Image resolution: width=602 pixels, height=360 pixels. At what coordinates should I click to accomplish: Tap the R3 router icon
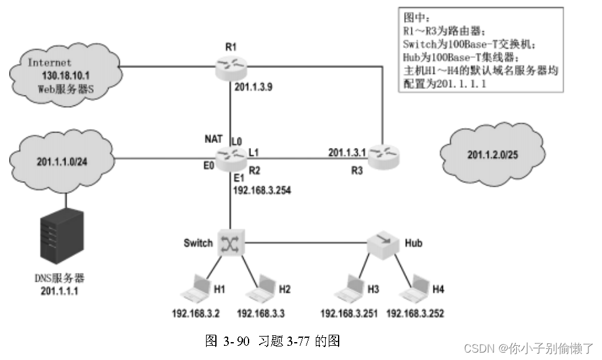[383, 158]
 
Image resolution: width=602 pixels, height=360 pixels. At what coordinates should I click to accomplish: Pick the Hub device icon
[383, 244]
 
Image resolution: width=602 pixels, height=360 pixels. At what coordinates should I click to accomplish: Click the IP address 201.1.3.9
[254, 88]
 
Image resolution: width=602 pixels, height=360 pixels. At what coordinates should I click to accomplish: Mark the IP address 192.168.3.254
[262, 191]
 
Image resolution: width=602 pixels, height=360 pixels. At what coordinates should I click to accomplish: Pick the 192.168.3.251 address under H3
[348, 313]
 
